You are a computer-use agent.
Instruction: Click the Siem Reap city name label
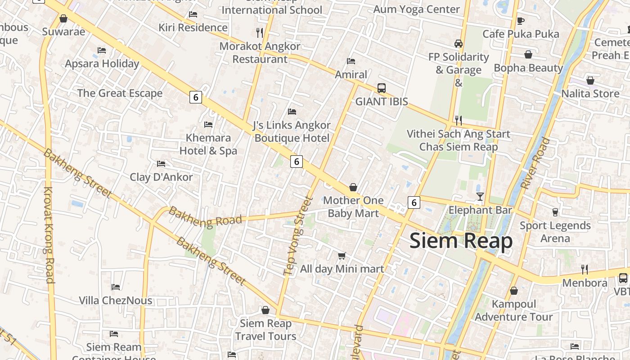click(x=461, y=241)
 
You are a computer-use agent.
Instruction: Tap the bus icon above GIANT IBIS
click(x=382, y=88)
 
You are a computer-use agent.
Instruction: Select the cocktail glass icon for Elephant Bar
click(x=480, y=196)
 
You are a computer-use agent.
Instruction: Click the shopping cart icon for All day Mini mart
click(x=342, y=256)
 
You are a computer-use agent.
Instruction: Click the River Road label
click(x=535, y=163)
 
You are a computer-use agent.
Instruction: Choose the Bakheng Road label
click(x=205, y=217)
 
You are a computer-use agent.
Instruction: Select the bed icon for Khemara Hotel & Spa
click(x=208, y=124)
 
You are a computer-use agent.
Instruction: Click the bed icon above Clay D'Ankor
click(x=161, y=163)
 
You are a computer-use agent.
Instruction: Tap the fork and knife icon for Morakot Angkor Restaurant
click(x=259, y=32)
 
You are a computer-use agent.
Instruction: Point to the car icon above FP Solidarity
click(x=459, y=44)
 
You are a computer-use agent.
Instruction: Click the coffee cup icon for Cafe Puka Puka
click(x=521, y=21)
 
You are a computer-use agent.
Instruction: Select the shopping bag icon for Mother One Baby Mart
click(x=353, y=187)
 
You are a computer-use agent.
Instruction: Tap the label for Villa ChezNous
click(x=116, y=300)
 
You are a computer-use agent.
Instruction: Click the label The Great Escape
click(x=120, y=93)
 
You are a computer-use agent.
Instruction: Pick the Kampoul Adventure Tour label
click(x=514, y=310)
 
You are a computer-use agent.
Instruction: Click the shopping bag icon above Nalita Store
click(x=590, y=81)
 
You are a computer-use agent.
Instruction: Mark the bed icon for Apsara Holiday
click(x=102, y=50)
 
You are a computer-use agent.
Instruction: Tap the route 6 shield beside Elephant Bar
click(x=414, y=202)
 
